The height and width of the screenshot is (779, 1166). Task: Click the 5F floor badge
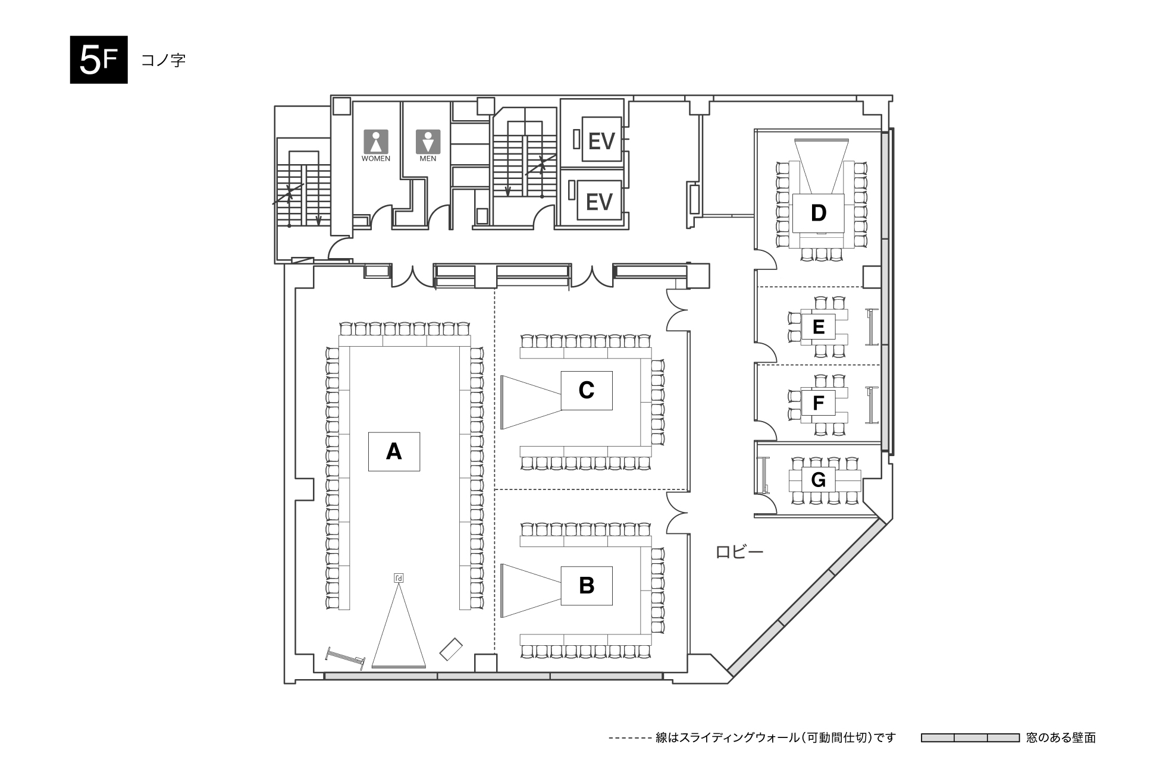click(x=99, y=60)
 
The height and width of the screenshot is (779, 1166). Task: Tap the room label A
click(x=394, y=452)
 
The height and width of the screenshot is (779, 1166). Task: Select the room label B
click(x=587, y=586)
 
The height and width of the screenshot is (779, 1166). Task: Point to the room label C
click(x=587, y=390)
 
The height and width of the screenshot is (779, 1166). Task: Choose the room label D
click(x=819, y=213)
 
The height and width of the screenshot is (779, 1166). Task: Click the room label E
click(x=819, y=327)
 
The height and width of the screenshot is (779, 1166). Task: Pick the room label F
click(x=819, y=403)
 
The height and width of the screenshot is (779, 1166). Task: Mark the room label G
click(x=819, y=479)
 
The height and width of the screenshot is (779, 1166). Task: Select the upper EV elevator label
click(x=601, y=141)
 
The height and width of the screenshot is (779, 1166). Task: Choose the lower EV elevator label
click(x=599, y=202)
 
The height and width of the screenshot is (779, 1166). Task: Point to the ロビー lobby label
click(x=739, y=552)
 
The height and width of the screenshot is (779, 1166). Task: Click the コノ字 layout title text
click(x=163, y=60)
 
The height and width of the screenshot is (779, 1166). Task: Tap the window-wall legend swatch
click(x=970, y=738)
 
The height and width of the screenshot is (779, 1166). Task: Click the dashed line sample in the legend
click(x=629, y=739)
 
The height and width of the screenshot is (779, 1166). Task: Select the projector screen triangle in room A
click(x=399, y=625)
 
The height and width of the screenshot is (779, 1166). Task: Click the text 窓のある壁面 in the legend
click(x=1061, y=738)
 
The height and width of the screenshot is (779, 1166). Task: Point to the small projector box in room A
click(x=399, y=578)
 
